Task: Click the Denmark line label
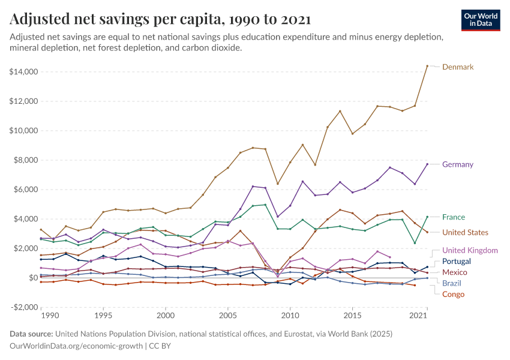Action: coord(458,67)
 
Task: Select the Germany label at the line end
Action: coord(458,164)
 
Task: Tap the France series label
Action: coord(454,217)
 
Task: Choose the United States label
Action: coord(465,232)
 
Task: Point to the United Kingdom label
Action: coord(470,250)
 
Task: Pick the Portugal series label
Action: coord(456,262)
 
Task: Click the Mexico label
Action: coord(454,272)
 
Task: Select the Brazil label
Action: coord(452,283)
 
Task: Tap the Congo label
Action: coord(453,294)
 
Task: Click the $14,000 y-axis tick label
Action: coord(24,72)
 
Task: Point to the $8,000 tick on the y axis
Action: coord(26,160)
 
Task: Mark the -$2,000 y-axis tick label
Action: coord(25,307)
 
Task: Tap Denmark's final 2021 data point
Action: coord(427,66)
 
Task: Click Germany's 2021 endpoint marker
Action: coord(427,164)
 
